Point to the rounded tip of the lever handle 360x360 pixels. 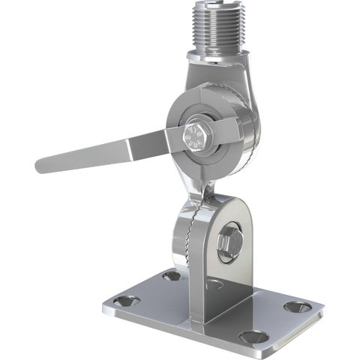pyautogui.click(x=42, y=164)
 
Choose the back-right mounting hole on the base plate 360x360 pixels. pyautogui.click(x=298, y=306)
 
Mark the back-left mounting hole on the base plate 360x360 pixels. pyautogui.click(x=172, y=275)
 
